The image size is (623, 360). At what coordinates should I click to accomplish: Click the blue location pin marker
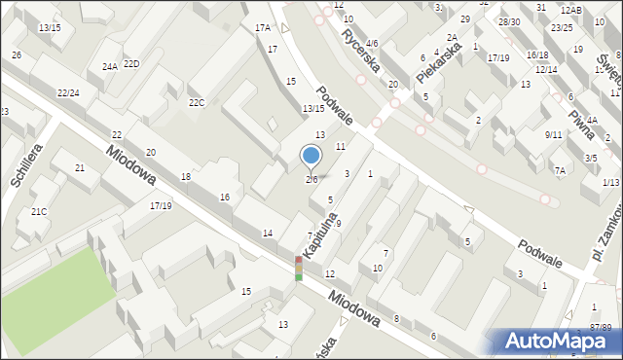[311, 156]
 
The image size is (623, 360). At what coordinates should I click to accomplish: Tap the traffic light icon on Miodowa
[299, 269]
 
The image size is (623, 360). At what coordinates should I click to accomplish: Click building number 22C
[197, 102]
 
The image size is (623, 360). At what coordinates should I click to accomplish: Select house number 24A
[110, 67]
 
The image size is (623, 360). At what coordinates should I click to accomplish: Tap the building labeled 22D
[131, 64]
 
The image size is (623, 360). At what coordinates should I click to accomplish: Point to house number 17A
[263, 28]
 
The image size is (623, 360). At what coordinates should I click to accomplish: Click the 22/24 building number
[68, 92]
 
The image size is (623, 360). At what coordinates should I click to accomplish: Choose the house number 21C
[38, 211]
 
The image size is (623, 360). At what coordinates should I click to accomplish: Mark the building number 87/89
[601, 328]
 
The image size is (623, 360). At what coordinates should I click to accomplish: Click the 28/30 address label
[508, 21]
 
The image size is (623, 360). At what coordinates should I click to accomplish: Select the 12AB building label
[571, 10]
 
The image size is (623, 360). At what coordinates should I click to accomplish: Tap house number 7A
[560, 170]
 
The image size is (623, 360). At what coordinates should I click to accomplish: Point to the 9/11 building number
[554, 134]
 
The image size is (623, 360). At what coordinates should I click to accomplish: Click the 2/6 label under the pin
[311, 180]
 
